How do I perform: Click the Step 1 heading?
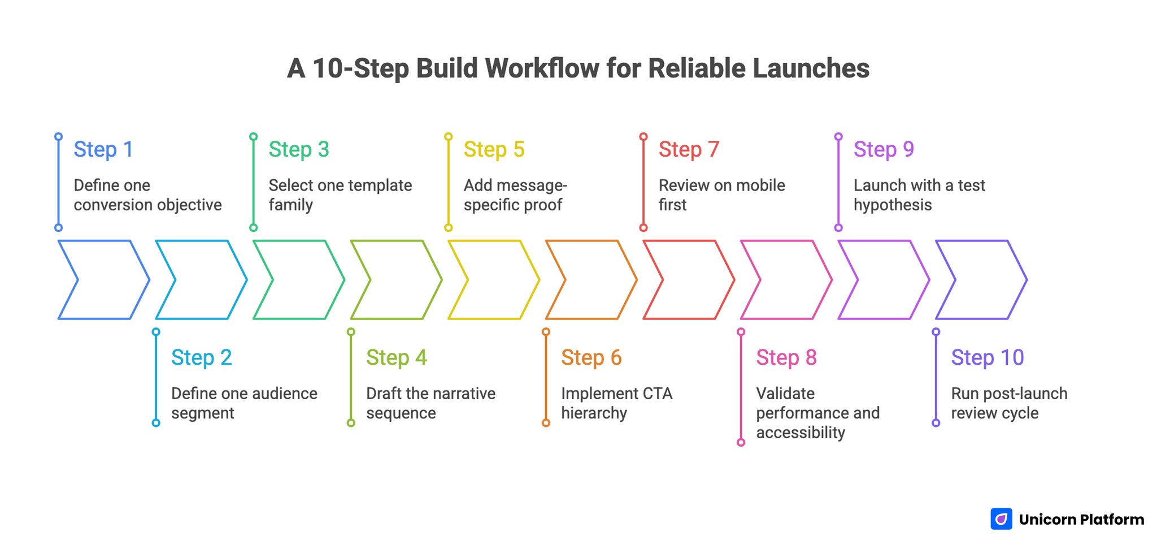point(103,149)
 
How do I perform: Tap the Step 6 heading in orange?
point(591,357)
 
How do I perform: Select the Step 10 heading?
point(987,357)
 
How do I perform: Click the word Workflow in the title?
point(542,68)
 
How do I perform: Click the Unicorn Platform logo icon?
point(1001,519)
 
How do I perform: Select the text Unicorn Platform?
point(1081,519)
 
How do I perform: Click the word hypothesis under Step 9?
point(892,205)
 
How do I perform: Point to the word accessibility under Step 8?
point(800,433)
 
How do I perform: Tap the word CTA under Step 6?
point(656,394)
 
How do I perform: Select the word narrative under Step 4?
point(462,394)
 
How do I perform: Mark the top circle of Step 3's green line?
point(254,137)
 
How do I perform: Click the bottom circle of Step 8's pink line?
point(741,442)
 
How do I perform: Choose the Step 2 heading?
point(201,357)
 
